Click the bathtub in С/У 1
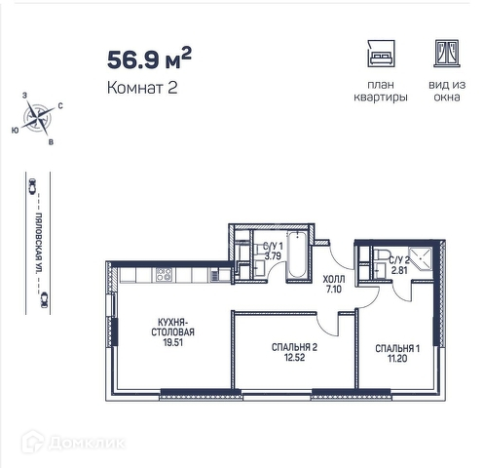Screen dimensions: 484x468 point(297,253)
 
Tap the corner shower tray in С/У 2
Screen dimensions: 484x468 point(421,259)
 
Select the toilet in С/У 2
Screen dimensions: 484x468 point(380,254)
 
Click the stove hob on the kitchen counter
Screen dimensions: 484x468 point(164,275)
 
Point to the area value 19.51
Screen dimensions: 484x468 point(173,342)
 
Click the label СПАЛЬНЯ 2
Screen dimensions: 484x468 point(294,347)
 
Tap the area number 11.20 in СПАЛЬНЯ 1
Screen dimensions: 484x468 point(397,359)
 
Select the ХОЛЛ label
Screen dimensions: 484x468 point(334,279)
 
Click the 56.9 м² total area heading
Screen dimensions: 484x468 point(149,58)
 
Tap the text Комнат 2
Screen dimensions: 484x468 point(142,88)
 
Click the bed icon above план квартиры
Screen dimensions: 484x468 point(381,54)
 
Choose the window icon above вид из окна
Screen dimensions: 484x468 point(447,54)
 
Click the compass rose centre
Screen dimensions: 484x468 point(39,117)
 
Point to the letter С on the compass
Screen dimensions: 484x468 point(60,106)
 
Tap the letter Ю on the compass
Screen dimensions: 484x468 point(15,131)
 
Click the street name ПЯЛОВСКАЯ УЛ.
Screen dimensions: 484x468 point(39,243)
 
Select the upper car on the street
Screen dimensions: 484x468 point(32,186)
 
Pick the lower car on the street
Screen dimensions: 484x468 point(44,299)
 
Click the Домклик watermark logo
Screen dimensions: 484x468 point(74,442)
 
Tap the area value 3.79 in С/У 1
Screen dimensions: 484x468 point(273,256)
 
